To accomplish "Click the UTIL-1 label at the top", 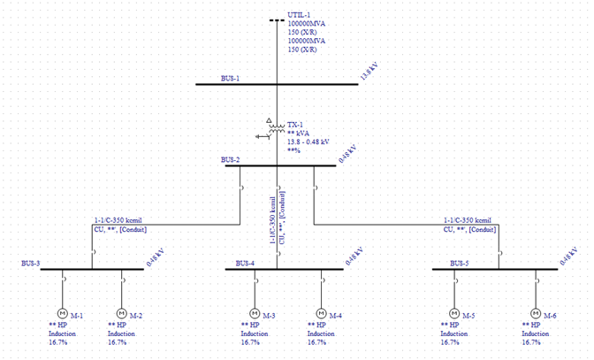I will pos(301,15).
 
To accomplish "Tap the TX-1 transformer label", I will pos(296,125).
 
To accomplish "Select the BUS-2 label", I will pos(231,160).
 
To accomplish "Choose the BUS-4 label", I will pos(245,263).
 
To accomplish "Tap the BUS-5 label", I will pos(459,263).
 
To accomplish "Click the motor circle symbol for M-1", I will pos(63,313).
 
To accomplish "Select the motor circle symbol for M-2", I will pos(121,313).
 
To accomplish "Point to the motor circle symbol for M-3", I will pos(255,313).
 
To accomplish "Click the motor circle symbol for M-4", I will pos(322,313).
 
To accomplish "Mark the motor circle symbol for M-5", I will pos(454,313).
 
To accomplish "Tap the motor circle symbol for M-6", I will pos(536,313).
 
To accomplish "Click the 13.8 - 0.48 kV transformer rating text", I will pos(308,142).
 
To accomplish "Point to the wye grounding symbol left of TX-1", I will pos(261,136).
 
